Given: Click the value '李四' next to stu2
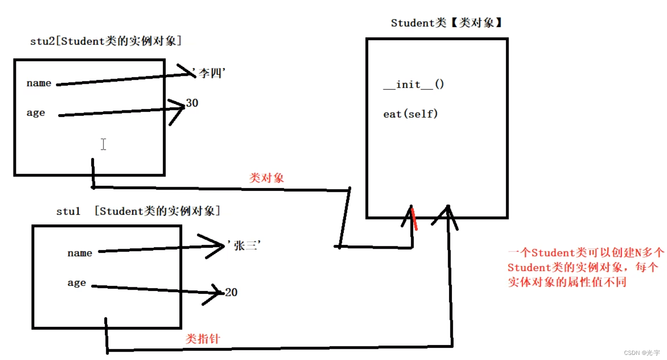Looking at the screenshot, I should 210,74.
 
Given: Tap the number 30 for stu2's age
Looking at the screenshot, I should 192,103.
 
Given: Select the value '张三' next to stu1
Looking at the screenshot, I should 243,245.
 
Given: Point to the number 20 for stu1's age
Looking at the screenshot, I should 231,292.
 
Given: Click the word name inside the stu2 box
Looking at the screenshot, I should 39,83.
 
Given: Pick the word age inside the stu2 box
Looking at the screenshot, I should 36,113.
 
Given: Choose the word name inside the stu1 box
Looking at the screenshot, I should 80,253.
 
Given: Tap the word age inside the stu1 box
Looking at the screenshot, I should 76,283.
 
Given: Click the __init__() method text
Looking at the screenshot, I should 414,85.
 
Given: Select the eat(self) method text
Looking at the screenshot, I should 410,114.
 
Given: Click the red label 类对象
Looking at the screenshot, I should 266,178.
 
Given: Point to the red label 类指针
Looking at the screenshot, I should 203,339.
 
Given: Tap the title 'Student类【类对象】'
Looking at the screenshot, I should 447,23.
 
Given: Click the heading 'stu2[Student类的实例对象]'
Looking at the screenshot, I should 106,41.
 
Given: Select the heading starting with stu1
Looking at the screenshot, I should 138,211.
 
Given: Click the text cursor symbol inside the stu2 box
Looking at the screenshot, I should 103,144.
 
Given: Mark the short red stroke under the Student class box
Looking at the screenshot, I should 414,219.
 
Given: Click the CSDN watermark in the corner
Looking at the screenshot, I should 643,353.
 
